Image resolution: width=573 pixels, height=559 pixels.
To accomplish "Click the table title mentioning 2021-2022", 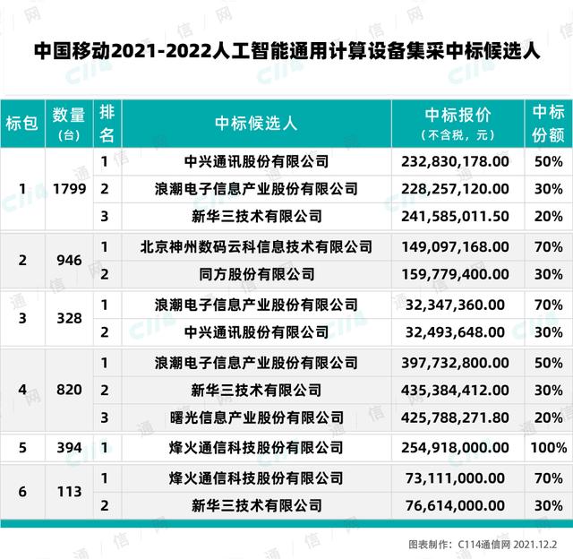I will [286, 51].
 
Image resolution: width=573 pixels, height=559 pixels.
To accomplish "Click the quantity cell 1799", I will [68, 189].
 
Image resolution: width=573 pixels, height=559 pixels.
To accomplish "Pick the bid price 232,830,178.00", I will [458, 162].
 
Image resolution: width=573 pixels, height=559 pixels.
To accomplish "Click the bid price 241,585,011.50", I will [458, 216].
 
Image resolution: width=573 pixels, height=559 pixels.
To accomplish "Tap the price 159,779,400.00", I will [458, 273].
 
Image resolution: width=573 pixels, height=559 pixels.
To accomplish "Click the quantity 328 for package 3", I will [68, 318].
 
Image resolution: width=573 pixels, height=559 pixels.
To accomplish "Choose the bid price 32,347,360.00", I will [458, 305].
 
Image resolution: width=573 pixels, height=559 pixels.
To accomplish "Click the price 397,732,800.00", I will [458, 363].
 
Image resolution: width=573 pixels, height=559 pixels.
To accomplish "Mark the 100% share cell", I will [548, 447].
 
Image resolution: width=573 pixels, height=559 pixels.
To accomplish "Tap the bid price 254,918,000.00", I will [458, 447].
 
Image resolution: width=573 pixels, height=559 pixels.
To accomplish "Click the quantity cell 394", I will [68, 447].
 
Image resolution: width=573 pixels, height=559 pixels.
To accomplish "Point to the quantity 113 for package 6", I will [68, 491].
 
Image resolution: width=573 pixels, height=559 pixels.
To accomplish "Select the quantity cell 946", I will [68, 260].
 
